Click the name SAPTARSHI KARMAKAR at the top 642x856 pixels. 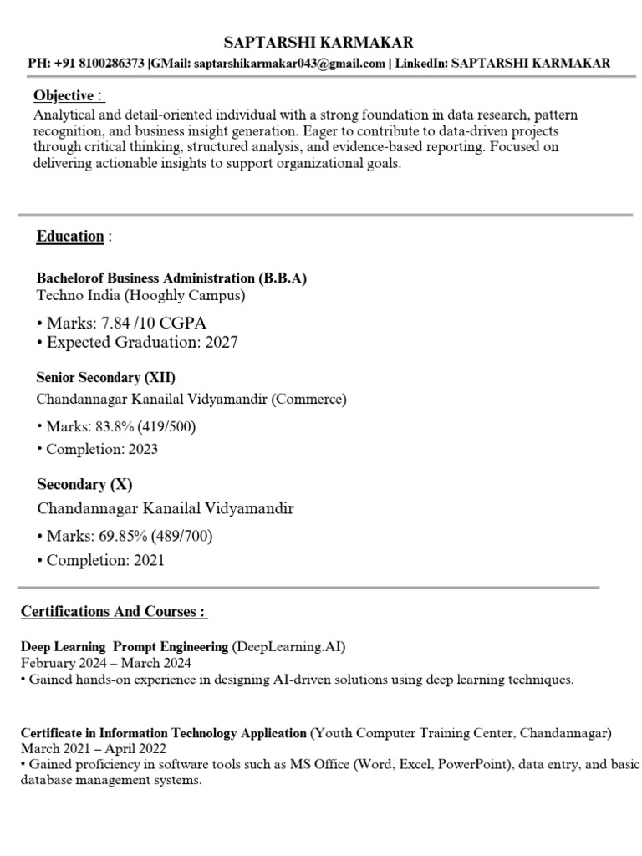pos(318,42)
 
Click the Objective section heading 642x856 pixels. pos(63,95)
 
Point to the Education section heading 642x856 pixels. pos(69,236)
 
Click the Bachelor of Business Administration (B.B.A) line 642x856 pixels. pos(171,278)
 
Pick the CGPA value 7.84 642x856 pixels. pos(116,323)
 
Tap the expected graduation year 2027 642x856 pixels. pos(221,343)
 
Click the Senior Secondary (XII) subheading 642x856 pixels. pos(105,378)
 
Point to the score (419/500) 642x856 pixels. pos(173,427)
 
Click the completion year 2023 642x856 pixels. pos(142,449)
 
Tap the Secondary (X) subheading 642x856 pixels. pos(84,484)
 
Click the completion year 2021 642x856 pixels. pos(149,560)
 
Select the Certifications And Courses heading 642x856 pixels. pos(112,612)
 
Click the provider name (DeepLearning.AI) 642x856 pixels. pos(288,646)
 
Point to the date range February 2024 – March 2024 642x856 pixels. pos(106,663)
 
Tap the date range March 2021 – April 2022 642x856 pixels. pos(94,748)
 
